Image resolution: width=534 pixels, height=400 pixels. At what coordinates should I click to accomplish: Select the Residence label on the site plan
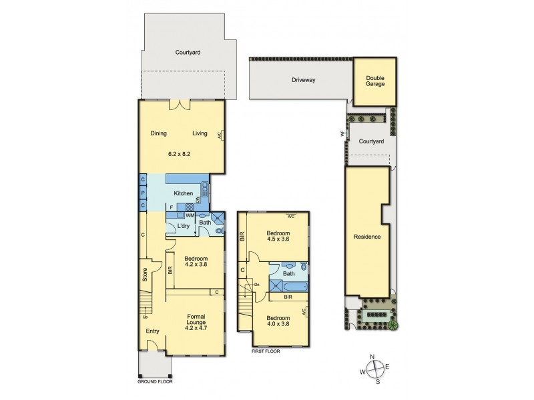(367, 237)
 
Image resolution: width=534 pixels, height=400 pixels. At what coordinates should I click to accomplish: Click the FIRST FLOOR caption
(265, 351)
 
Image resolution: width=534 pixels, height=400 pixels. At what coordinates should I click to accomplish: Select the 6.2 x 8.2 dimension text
(180, 154)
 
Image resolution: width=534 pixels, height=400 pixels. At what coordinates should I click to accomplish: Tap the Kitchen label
(184, 193)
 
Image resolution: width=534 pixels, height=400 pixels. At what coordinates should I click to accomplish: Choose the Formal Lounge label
(196, 321)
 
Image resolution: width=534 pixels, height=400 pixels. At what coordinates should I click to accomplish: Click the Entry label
(152, 331)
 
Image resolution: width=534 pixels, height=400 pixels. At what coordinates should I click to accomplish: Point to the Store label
(144, 274)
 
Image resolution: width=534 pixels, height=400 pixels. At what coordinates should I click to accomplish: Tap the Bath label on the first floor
(289, 273)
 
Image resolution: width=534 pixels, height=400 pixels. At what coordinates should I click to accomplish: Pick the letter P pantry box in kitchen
(143, 193)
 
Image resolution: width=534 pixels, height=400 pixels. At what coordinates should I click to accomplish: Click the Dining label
(158, 133)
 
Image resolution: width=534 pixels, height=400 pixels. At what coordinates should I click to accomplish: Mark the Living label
(200, 133)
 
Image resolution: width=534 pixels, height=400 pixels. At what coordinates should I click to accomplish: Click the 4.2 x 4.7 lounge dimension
(196, 328)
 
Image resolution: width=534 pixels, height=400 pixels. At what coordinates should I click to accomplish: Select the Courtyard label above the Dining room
(188, 52)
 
